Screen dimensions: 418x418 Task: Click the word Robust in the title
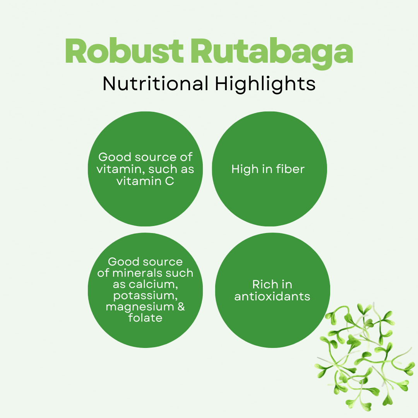[x=124, y=51]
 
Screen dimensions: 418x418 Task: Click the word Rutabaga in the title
[x=271, y=53]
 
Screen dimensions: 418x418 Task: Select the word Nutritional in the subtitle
[x=155, y=84]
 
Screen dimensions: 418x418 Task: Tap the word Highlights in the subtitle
[x=265, y=84]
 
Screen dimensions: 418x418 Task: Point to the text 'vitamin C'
[x=145, y=181]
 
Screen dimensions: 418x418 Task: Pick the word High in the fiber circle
[x=245, y=169]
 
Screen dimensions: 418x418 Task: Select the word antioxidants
[x=272, y=296]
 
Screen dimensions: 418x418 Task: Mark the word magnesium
[x=140, y=307]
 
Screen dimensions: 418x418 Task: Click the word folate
[x=145, y=317]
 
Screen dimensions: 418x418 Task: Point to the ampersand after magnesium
[x=181, y=307]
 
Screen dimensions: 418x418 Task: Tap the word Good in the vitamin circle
[x=115, y=157]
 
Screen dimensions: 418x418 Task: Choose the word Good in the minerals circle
[x=123, y=262]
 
